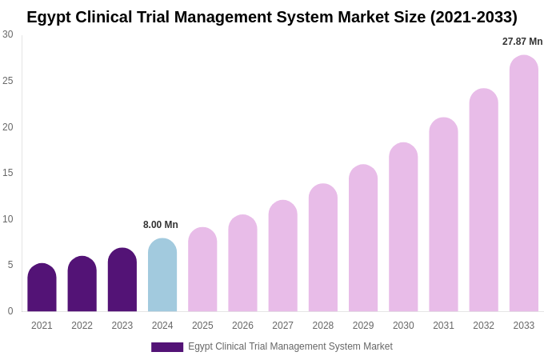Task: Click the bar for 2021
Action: tap(42, 288)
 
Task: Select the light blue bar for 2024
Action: tap(162, 275)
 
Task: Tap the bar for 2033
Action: tap(524, 183)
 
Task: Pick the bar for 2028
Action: tap(323, 248)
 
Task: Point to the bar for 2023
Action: tap(122, 280)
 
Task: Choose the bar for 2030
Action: tap(403, 227)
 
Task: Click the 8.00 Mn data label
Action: tap(161, 225)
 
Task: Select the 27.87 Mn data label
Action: tap(522, 42)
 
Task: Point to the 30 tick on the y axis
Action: tap(8, 34)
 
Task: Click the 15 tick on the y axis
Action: tap(8, 173)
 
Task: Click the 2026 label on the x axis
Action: tap(242, 326)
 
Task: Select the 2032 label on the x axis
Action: tap(483, 326)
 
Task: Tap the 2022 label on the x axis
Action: tap(82, 326)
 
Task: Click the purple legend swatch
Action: tap(167, 347)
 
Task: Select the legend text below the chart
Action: tap(290, 346)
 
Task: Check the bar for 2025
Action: tap(202, 270)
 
